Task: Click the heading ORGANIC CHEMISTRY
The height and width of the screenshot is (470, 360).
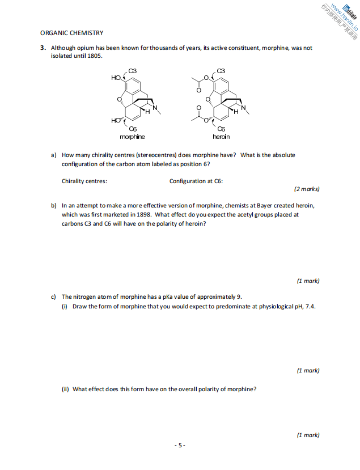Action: coord(71,33)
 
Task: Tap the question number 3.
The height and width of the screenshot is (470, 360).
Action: coord(43,48)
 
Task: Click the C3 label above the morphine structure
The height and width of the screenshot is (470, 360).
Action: coord(133,70)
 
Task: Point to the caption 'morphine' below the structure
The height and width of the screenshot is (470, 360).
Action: coord(132,137)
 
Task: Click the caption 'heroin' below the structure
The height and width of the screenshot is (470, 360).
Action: coord(221,137)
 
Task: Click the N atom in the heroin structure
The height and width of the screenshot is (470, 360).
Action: coord(244,108)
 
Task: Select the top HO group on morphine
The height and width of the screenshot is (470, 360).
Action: coord(116,78)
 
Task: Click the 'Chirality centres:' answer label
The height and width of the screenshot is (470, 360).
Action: coord(84,181)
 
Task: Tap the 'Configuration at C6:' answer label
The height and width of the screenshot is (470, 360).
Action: coord(196,181)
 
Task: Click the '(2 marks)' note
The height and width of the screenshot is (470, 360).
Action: coord(307,189)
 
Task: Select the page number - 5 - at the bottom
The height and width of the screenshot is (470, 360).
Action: coord(180,446)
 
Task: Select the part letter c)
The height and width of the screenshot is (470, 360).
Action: coord(54,297)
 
